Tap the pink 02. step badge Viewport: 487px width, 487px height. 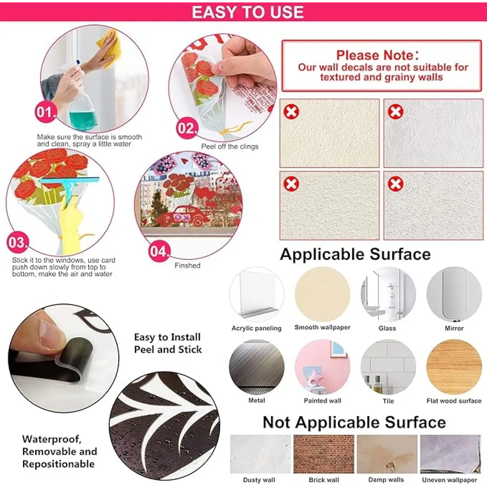pyautogui.click(x=187, y=128)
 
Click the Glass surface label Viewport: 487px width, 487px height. pyautogui.click(x=387, y=328)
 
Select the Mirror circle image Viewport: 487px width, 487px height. pyautogui.click(x=454, y=294)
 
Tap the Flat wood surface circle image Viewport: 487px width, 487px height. pyautogui.click(x=454, y=367)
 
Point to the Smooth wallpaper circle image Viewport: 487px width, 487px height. pyautogui.click(x=322, y=294)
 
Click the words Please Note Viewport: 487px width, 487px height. pyautogui.click(x=377, y=55)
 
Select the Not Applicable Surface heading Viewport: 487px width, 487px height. pyautogui.click(x=354, y=422)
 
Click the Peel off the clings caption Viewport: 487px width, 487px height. pyautogui.click(x=230, y=146)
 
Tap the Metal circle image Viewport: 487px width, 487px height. pyautogui.click(x=256, y=367)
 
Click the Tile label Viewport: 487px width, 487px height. pyautogui.click(x=389, y=401)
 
